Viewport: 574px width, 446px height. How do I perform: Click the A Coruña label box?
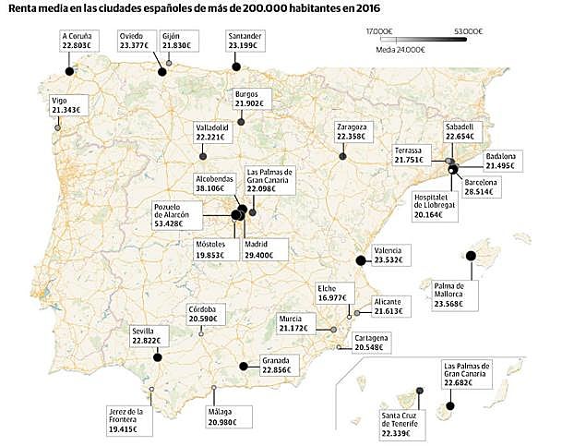(x=76, y=39)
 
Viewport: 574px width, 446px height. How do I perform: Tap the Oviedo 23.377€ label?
(x=134, y=39)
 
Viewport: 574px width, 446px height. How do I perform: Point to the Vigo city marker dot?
(x=58, y=127)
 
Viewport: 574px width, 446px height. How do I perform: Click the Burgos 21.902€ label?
(x=250, y=99)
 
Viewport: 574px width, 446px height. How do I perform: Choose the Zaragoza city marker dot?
(x=342, y=157)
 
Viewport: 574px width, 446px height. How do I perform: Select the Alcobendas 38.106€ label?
(x=215, y=183)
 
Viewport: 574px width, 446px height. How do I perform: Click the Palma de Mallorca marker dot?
(x=471, y=256)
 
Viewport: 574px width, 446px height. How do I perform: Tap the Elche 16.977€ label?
(x=332, y=293)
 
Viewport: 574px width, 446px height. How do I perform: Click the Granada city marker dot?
(x=244, y=367)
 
